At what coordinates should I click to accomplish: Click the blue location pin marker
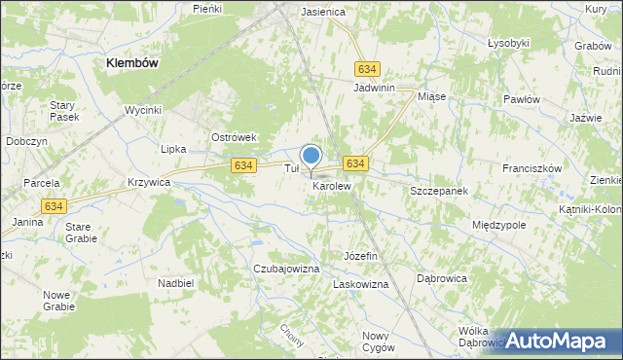click(311, 156)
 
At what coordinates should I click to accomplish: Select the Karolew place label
click(331, 185)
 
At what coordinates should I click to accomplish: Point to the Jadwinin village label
click(375, 88)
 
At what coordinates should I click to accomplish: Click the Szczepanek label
click(439, 191)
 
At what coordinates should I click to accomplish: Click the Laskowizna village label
click(361, 284)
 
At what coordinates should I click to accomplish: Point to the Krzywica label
click(149, 182)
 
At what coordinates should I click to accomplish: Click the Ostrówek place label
click(234, 138)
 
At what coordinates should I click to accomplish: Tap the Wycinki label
click(142, 110)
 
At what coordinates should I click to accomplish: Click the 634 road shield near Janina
click(54, 205)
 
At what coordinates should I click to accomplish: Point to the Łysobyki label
click(508, 43)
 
